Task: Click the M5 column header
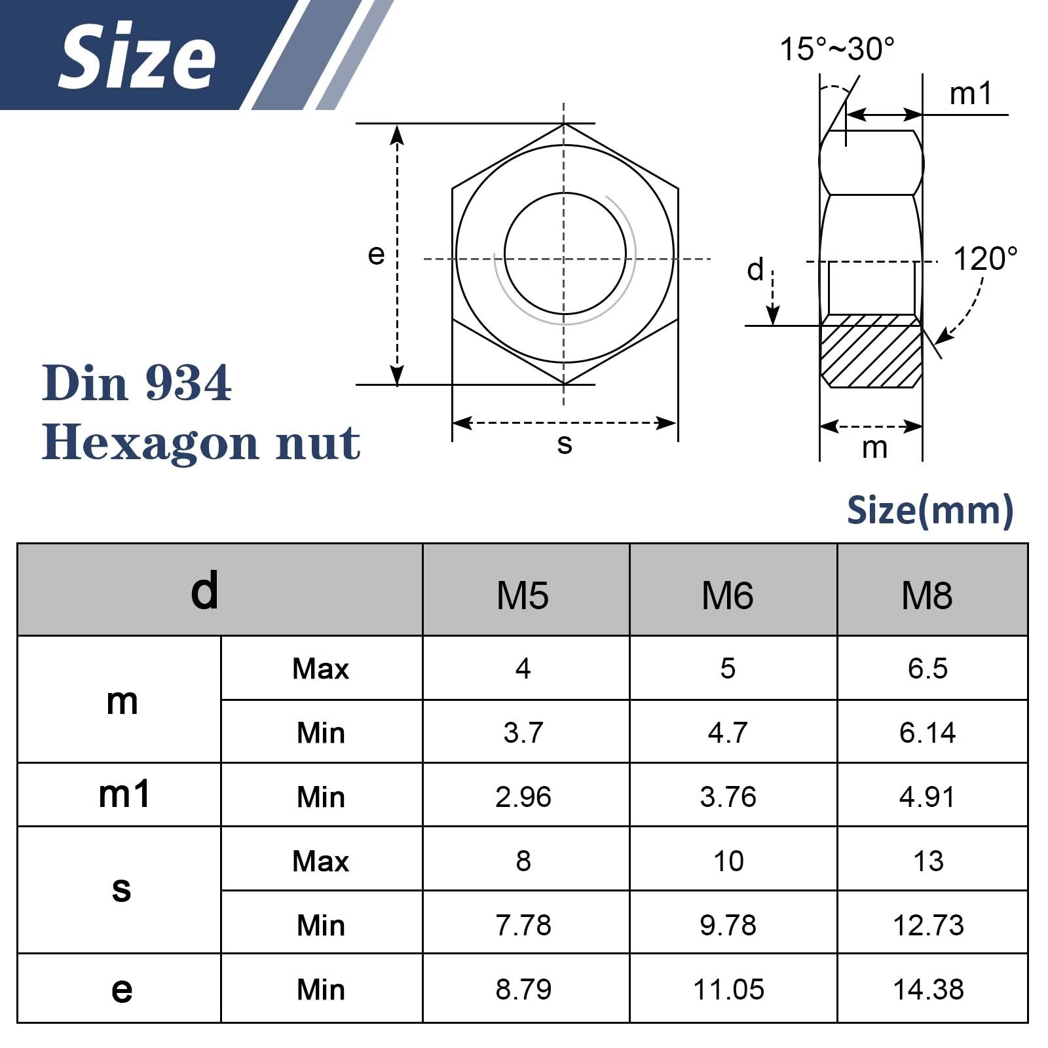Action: coord(523,595)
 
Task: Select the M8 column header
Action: coord(927,595)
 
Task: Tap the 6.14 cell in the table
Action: coord(927,732)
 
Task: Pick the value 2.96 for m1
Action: coord(523,796)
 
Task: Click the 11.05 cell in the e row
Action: coord(728,989)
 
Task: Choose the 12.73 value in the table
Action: coord(928,925)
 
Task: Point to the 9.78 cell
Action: coord(728,925)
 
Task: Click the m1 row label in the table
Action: coord(124,794)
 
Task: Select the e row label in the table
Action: coord(122,990)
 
